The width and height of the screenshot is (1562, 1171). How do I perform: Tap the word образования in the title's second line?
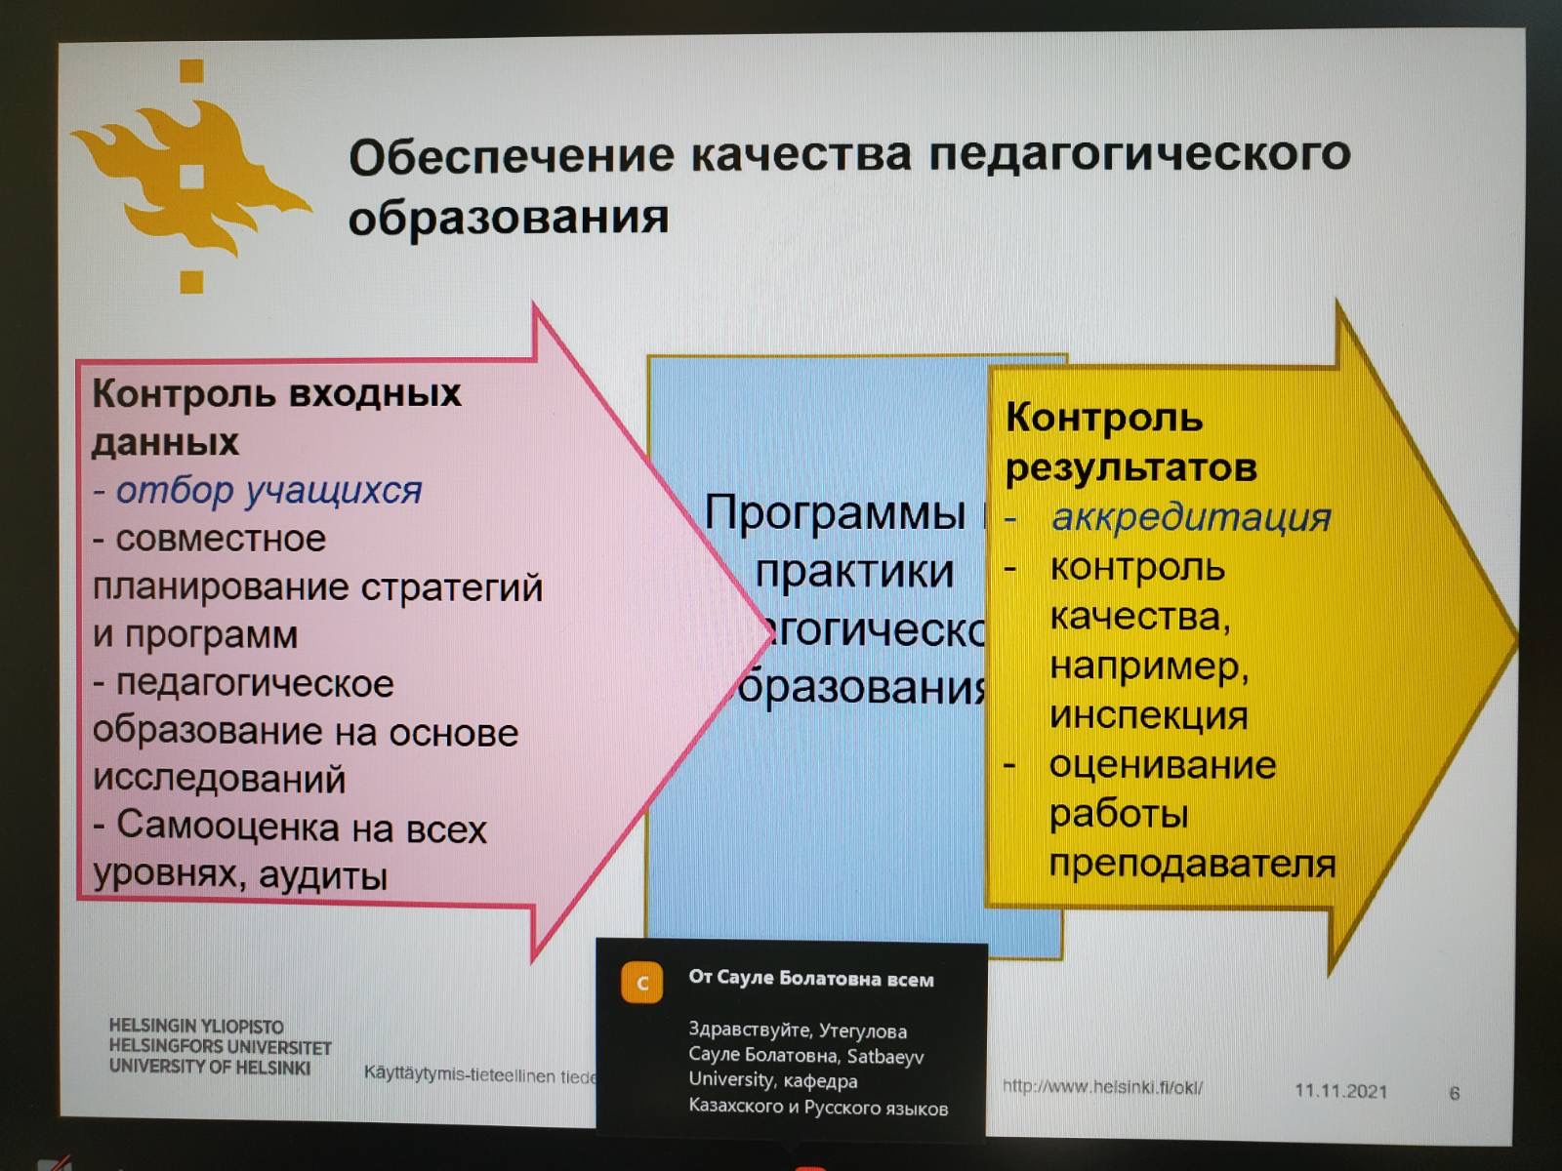point(509,217)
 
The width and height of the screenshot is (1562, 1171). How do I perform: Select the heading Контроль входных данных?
point(276,417)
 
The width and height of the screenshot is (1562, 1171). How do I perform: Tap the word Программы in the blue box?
point(835,512)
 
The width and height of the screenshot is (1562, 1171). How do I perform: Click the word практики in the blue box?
point(854,571)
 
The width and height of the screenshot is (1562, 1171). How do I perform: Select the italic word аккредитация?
point(1191,517)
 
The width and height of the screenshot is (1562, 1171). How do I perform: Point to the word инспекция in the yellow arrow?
point(1149,715)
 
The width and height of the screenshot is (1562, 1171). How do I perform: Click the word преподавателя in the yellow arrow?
point(1192,864)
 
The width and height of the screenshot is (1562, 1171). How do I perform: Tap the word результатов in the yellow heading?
point(1131,467)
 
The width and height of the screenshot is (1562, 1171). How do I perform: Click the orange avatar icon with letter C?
point(641,983)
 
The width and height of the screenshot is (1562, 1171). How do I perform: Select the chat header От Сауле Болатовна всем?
point(811,979)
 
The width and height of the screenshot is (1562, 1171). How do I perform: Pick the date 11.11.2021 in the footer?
point(1340,1091)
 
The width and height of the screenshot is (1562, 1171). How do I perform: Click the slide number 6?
point(1454,1093)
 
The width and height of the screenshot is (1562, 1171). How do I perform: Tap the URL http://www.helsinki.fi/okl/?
point(1102,1086)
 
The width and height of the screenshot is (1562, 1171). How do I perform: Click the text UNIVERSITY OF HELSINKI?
point(210,1068)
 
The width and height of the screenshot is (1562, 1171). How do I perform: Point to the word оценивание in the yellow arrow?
point(1163,765)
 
